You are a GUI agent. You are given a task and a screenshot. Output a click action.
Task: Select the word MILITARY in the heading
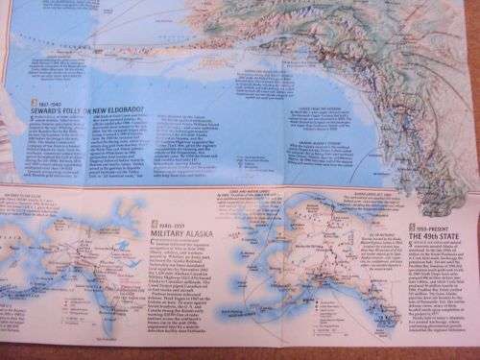166,232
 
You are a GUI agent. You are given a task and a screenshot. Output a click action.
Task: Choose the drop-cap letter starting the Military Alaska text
153,242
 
